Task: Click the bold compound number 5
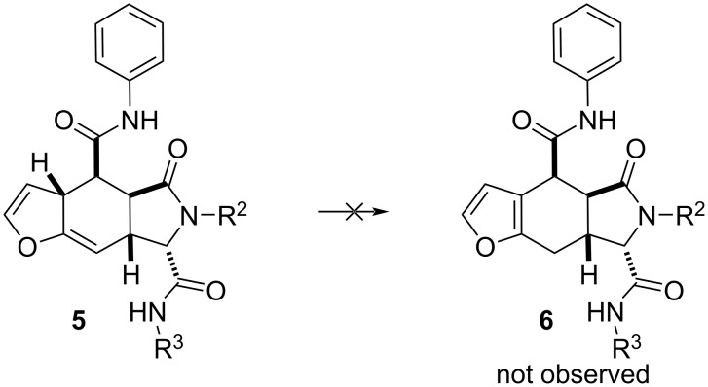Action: click(x=79, y=323)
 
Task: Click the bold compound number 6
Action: click(x=546, y=323)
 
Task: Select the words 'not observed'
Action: click(x=573, y=374)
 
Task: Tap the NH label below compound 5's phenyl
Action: click(x=142, y=121)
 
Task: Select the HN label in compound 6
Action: click(x=606, y=312)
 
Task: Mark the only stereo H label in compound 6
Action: click(x=588, y=273)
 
